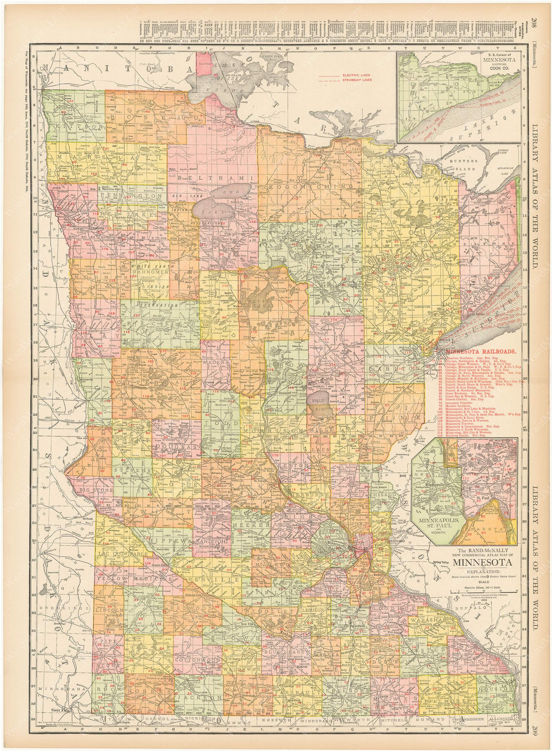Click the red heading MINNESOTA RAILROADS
pos(480,352)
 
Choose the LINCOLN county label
pos(109,610)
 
